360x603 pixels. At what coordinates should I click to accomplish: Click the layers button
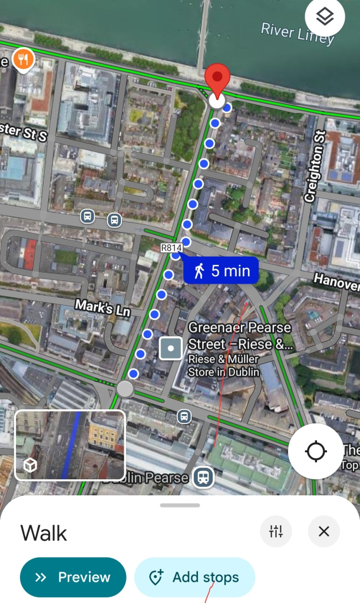(325, 18)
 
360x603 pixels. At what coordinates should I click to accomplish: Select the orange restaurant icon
(23, 59)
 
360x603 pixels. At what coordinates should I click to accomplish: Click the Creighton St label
(315, 166)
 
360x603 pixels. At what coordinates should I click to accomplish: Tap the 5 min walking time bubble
(221, 271)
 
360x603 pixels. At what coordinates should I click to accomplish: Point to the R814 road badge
(170, 248)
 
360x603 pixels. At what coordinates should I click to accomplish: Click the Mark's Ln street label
(103, 307)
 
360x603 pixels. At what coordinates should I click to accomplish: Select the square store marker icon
(171, 349)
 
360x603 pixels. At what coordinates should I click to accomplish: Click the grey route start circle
(125, 389)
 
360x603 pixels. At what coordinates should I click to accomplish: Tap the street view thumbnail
(70, 445)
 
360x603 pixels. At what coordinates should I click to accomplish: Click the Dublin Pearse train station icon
(203, 477)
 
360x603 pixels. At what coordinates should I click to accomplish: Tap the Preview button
(73, 577)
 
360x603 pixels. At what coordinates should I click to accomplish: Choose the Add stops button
(195, 577)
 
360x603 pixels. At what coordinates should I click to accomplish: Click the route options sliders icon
(276, 532)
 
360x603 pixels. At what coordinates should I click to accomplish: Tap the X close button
(323, 532)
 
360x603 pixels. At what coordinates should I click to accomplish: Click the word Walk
(44, 534)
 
